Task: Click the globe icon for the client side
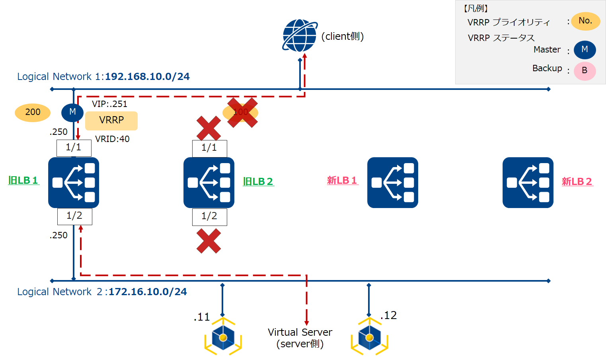[300, 36]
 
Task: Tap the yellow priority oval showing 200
[33, 113]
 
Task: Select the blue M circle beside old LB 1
[72, 112]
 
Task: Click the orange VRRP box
[111, 121]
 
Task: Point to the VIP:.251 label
[109, 104]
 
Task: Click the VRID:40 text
[112, 139]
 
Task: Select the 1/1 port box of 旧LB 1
[74, 148]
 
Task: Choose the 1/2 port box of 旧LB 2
[209, 217]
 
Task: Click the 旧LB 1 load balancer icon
[74, 183]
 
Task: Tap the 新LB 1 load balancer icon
[392, 183]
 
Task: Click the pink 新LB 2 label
[577, 182]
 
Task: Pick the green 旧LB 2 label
[258, 182]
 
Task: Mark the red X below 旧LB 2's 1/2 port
[208, 241]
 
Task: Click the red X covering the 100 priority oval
[242, 113]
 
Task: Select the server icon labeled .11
[223, 337]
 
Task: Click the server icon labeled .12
[369, 337]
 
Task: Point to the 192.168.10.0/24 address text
[147, 77]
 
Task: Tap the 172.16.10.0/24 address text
[148, 292]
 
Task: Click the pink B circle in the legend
[585, 71]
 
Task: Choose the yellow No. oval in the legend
[585, 21]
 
